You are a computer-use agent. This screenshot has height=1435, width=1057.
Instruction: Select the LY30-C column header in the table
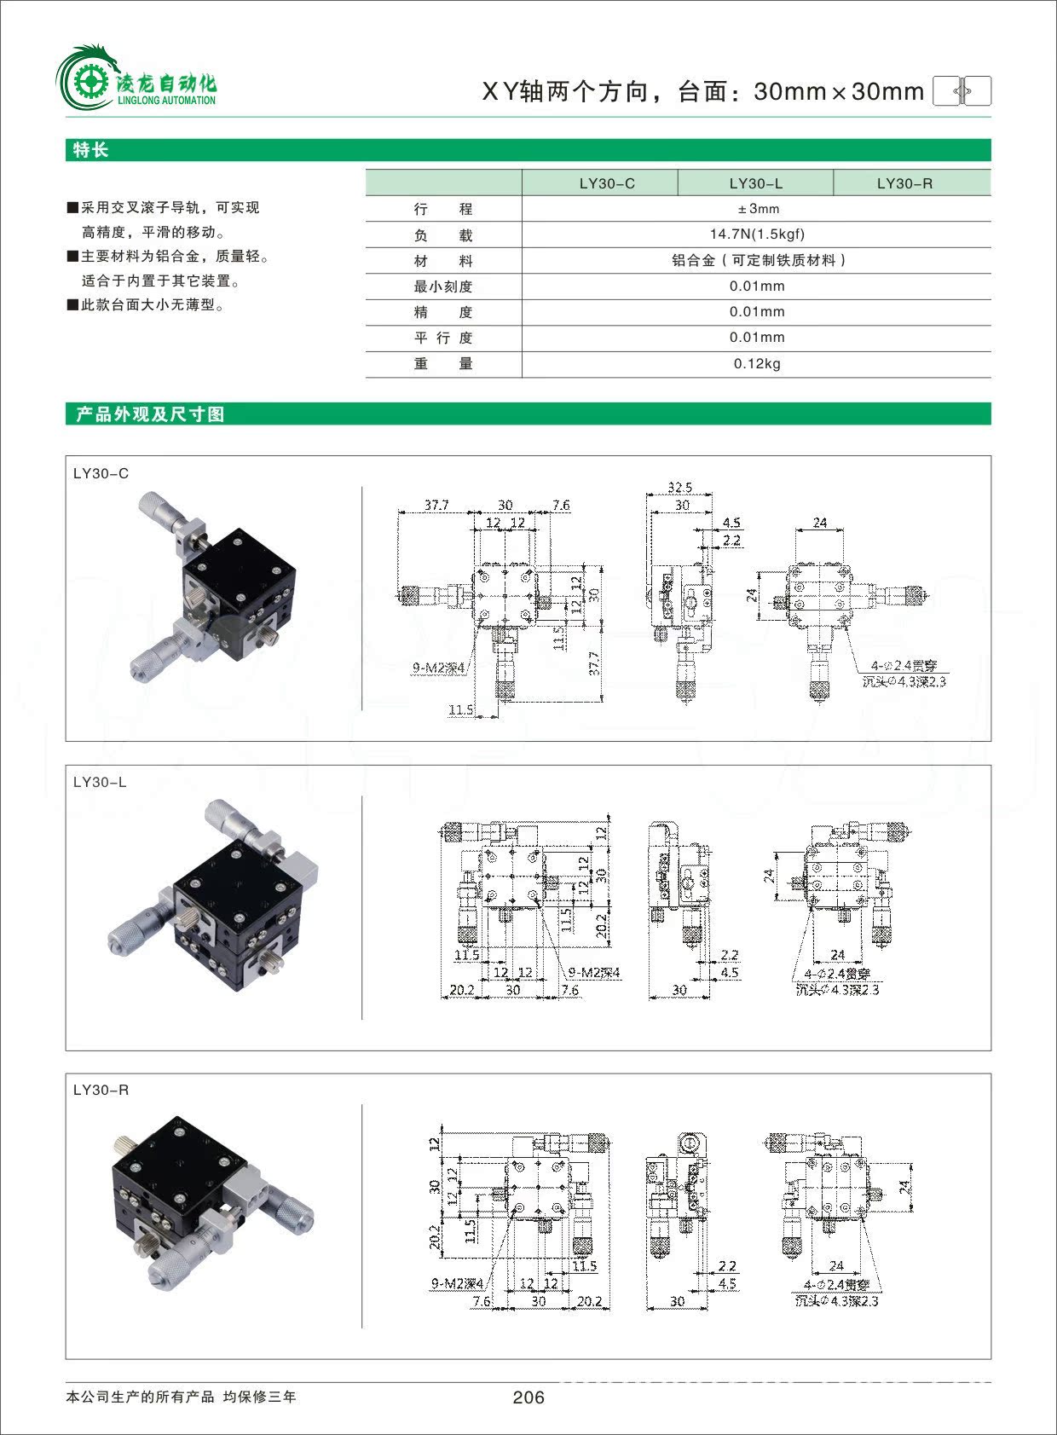(x=607, y=183)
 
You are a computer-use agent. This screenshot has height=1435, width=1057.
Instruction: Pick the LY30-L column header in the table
(x=755, y=183)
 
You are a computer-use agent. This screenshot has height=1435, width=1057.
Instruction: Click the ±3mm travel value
(x=758, y=209)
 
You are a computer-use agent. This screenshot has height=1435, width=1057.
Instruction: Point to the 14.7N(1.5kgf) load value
(x=757, y=234)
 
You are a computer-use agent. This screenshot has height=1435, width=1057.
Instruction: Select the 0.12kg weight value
(x=757, y=364)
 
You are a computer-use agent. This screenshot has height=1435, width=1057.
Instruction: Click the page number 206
(x=528, y=1397)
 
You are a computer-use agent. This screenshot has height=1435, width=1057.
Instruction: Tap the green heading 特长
(x=91, y=150)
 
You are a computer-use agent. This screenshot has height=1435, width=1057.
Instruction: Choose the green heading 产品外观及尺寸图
(x=150, y=414)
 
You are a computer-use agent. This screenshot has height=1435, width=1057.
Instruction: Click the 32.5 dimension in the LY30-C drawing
(x=679, y=488)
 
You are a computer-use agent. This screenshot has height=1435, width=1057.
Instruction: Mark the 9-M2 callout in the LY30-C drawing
(x=438, y=668)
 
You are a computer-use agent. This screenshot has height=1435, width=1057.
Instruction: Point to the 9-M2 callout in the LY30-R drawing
(x=457, y=1283)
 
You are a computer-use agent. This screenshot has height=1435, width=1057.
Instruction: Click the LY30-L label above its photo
(x=100, y=782)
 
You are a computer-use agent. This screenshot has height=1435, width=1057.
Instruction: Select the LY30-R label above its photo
(x=101, y=1090)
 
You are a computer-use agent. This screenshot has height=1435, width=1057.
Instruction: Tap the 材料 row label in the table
(x=443, y=261)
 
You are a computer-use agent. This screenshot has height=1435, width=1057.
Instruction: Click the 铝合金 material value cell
(x=758, y=261)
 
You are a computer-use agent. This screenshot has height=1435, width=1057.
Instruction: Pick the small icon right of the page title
(x=962, y=90)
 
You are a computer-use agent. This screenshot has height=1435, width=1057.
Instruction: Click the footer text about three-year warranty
(x=181, y=1397)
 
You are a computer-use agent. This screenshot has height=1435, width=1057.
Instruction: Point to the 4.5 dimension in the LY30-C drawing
(x=731, y=523)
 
